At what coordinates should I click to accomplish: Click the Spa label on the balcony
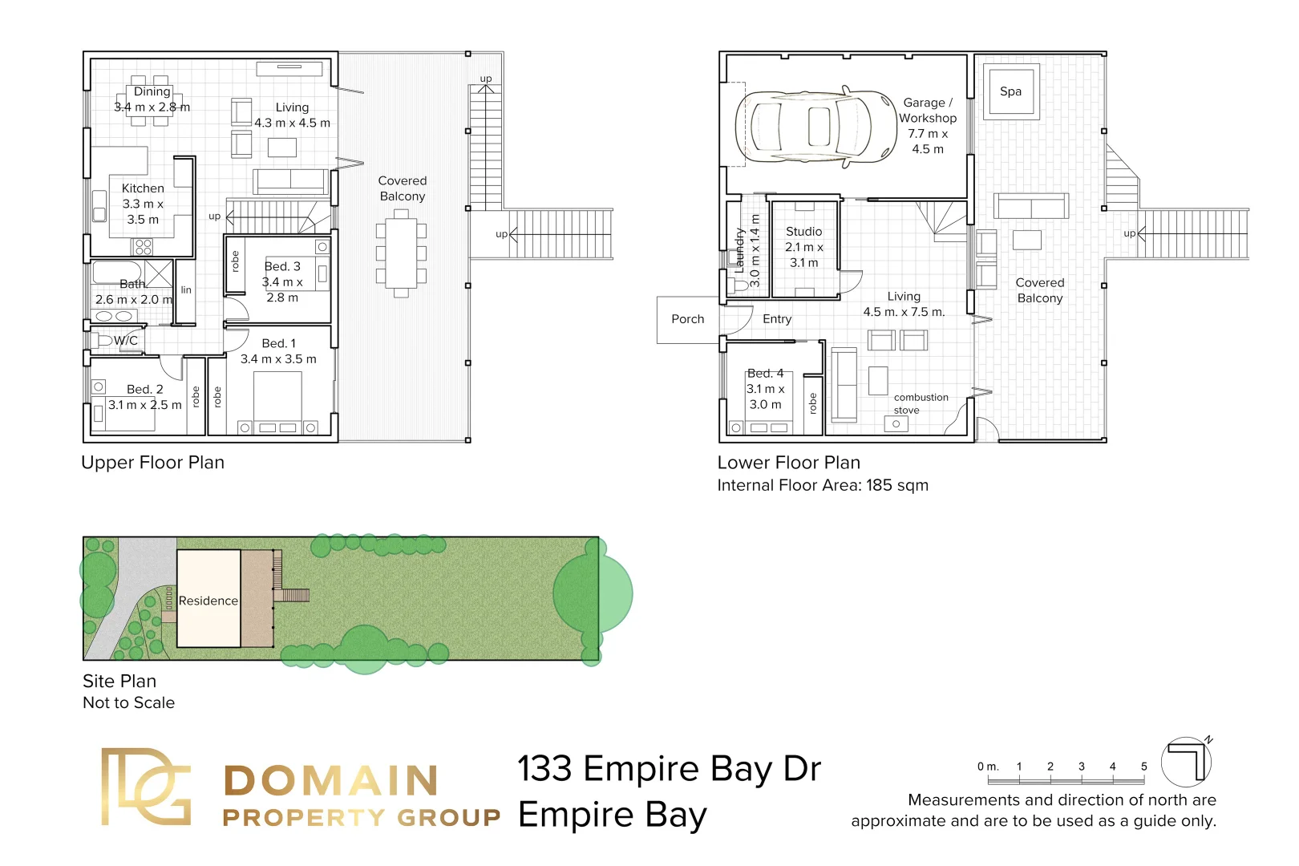tap(1010, 91)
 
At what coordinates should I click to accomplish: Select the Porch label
tap(687, 319)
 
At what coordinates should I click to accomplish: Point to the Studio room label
tap(803, 232)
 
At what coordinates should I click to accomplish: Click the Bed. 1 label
tap(278, 343)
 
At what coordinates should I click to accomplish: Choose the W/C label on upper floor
tap(126, 340)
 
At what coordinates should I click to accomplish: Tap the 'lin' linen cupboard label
tap(186, 289)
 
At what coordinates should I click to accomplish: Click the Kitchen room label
tap(143, 188)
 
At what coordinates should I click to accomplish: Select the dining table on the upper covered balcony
tap(401, 253)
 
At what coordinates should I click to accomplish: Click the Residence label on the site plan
tap(208, 601)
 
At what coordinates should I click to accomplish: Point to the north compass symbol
tap(1187, 761)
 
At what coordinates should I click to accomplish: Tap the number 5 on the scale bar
tap(1144, 767)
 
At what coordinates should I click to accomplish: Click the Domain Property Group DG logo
tap(146, 787)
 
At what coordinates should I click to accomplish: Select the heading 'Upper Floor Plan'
tap(152, 463)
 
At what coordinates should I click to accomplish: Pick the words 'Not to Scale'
tap(128, 702)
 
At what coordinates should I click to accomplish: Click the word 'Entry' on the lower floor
tap(777, 319)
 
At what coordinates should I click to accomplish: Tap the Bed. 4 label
tap(766, 374)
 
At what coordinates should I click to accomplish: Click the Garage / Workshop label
tap(928, 111)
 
